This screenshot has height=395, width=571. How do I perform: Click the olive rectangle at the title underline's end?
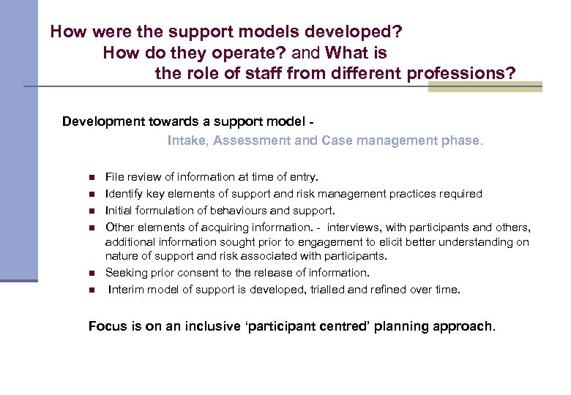point(485,87)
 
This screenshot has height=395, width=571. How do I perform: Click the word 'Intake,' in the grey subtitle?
point(188,140)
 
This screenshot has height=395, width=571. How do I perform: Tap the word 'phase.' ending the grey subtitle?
point(462,140)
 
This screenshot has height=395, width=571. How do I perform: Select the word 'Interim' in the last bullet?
point(126,290)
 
